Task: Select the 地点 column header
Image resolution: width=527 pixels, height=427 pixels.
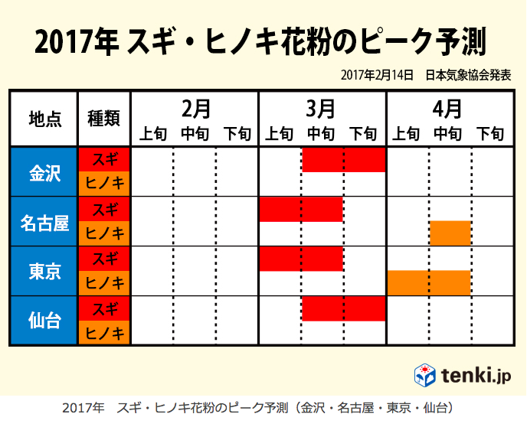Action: [x=44, y=119]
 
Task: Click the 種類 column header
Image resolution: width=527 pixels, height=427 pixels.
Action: [x=104, y=119]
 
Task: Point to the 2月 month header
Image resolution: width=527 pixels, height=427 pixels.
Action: [x=195, y=108]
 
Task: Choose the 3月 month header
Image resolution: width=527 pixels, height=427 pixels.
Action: [x=322, y=108]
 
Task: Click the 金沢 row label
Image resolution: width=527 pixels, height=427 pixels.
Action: [x=44, y=172]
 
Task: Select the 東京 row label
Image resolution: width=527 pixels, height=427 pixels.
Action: [x=44, y=272]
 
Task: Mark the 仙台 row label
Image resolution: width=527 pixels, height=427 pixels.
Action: [x=44, y=321]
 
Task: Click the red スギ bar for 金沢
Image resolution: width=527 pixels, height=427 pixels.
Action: [x=342, y=161]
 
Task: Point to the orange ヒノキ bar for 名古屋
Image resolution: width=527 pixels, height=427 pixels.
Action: [x=450, y=233]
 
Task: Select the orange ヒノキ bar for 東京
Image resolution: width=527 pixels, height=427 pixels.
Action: [x=429, y=282]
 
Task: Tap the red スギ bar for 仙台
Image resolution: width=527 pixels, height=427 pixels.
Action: [x=342, y=308]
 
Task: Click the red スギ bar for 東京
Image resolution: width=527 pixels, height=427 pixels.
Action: [x=301, y=259]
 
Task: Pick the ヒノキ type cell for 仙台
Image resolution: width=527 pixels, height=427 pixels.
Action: [x=104, y=332]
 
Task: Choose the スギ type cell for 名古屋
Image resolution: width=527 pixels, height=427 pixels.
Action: [x=104, y=210]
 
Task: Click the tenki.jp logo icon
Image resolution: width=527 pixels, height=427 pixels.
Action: [x=425, y=375]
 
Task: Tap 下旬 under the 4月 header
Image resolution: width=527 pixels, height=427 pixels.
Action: [x=490, y=134]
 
